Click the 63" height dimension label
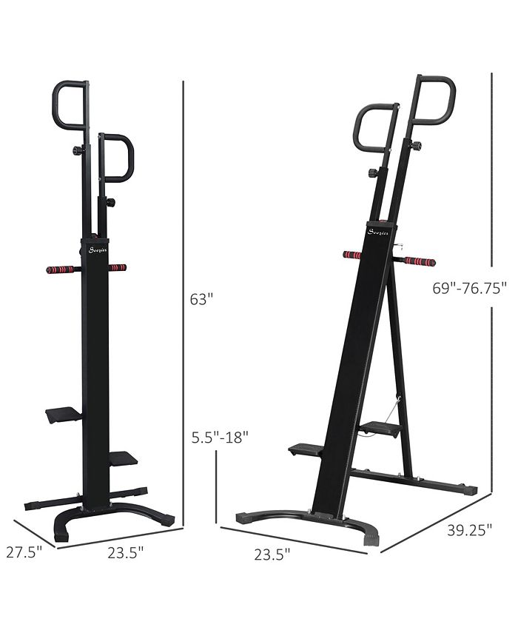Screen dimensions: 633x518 click(201, 300)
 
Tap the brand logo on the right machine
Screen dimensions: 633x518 click(377, 232)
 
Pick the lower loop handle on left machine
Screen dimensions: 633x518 click(118, 158)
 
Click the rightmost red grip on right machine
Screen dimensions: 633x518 click(420, 261)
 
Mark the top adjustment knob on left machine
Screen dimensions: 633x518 click(75, 151)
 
